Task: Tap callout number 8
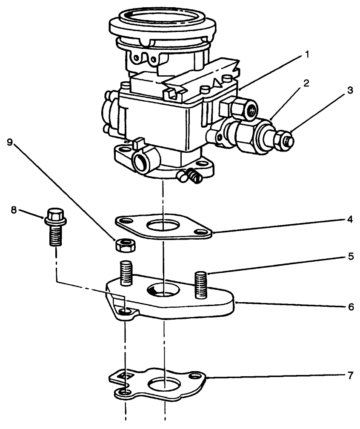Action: tap(14, 209)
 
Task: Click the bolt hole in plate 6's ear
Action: tap(125, 313)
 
